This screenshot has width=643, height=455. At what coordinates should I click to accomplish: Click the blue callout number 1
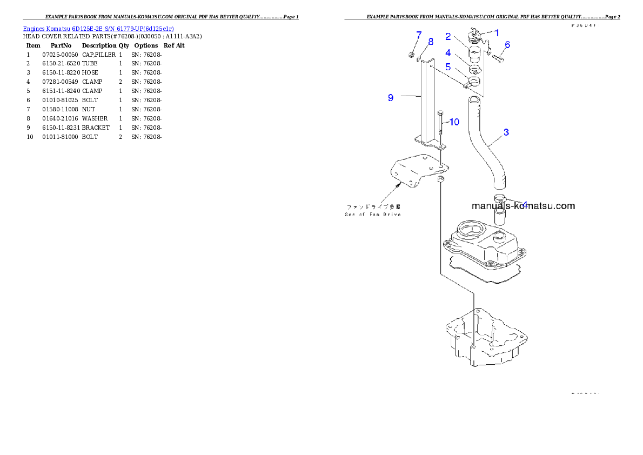497,32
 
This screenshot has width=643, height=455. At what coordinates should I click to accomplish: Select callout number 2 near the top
448,37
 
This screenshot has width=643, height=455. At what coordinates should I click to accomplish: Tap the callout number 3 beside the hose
506,132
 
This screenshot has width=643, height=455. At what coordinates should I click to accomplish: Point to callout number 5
448,67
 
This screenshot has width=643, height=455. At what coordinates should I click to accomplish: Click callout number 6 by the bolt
507,45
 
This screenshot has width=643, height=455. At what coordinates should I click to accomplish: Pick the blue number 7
419,35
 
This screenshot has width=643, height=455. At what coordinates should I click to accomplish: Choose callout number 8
431,42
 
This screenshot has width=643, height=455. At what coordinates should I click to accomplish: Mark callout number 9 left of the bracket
390,97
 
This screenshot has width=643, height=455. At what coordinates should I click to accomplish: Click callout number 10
454,122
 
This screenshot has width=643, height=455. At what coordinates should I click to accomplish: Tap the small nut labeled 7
412,54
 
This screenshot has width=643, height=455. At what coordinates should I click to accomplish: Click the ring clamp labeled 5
474,82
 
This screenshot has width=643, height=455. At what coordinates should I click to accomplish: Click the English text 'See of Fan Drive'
373,215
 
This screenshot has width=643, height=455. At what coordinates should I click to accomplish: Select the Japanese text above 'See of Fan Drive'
373,206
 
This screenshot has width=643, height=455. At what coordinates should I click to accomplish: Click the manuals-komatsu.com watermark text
523,206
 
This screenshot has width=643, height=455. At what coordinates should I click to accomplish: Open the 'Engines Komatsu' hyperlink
46,28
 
